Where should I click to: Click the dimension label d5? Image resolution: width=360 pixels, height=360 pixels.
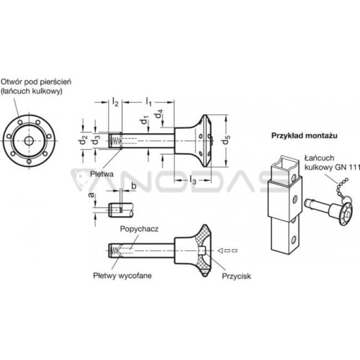[x=227, y=140]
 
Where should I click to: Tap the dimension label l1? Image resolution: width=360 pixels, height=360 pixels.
[x=149, y=102]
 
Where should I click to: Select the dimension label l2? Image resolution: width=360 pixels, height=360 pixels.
[x=115, y=102]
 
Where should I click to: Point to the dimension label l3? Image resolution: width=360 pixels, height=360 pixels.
[x=193, y=180]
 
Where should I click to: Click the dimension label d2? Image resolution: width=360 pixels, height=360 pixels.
[x=83, y=140]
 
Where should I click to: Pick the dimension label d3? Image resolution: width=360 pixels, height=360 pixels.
[x=96, y=140]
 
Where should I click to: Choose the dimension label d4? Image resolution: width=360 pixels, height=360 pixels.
[x=159, y=114]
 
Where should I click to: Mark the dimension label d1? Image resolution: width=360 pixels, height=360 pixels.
[x=145, y=120]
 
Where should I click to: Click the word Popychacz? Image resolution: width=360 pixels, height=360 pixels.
[x=139, y=229]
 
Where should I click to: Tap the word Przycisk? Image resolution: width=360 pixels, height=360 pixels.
[x=236, y=276]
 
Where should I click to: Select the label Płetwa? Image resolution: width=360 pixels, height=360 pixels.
[x=102, y=174]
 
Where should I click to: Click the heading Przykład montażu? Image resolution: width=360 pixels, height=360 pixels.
[x=305, y=135]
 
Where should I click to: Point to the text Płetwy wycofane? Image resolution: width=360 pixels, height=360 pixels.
[x=122, y=276]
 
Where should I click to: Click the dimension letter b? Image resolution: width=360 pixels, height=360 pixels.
[x=134, y=186]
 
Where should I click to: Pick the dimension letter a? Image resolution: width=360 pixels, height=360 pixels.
[x=91, y=195]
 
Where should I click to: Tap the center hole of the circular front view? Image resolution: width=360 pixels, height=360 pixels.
[x=30, y=140]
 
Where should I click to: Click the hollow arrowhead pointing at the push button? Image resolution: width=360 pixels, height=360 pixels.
[x=220, y=251]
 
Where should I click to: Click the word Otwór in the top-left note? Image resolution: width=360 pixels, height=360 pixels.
[x=11, y=82]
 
